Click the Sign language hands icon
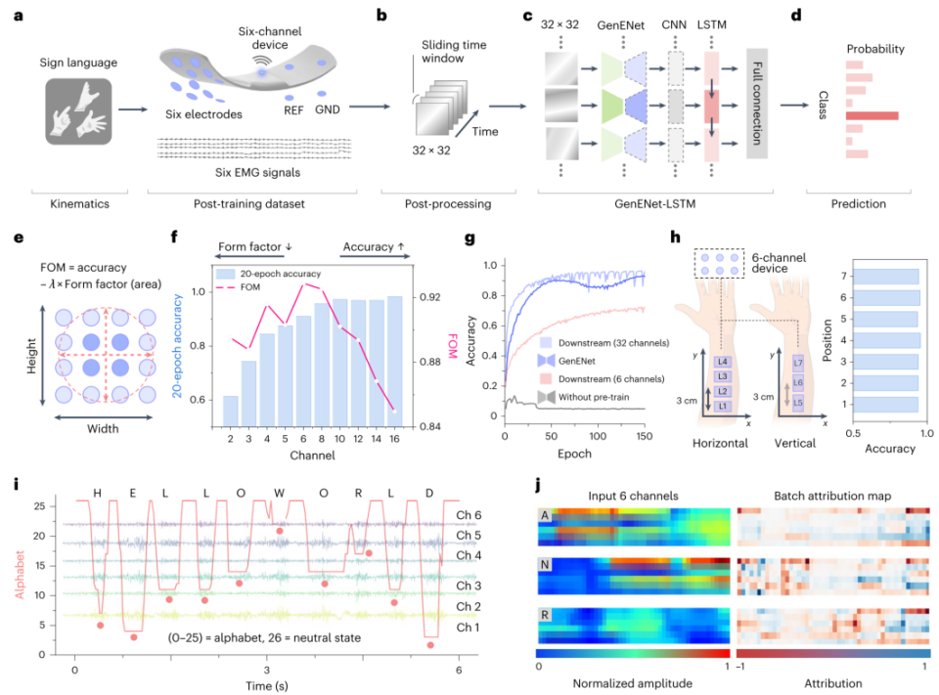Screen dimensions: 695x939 coord(78,111)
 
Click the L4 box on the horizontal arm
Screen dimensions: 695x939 coord(722,362)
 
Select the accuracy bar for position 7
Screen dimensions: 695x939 coord(886,276)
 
